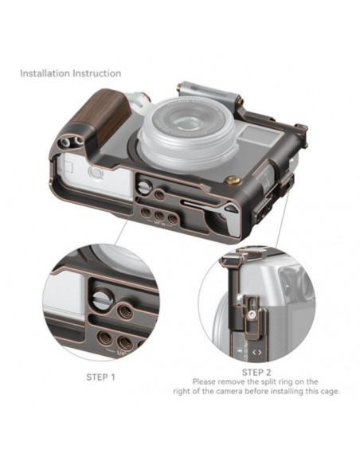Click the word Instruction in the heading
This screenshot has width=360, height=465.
pos(97,73)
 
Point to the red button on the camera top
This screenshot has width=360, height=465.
pos(147,97)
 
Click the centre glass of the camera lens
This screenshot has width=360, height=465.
pos(187,122)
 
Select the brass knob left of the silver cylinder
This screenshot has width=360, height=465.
pos(179,88)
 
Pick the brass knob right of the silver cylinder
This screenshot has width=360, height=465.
pos(240,102)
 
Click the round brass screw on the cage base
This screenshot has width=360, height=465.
pos(233,181)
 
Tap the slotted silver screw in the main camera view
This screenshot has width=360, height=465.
pos(145,188)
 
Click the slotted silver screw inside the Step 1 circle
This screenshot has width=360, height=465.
pos(103,299)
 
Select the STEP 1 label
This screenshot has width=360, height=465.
pos(100,377)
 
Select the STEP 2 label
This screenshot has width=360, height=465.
pos(256,372)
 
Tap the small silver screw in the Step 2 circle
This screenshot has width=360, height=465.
pos(252,315)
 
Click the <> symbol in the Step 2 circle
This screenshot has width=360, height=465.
pos(256,352)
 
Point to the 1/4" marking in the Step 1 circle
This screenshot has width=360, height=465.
pos(122,353)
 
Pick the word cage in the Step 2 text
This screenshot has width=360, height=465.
pos(330,392)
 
